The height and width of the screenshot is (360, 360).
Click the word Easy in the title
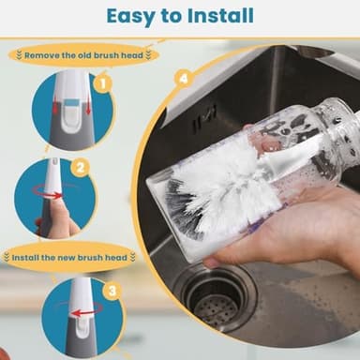130,16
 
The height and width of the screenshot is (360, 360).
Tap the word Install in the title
221,15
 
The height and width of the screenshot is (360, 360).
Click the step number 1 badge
103,84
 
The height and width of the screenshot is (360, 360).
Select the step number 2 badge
81,168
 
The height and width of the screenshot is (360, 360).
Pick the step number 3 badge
112,292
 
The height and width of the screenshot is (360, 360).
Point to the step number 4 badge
184,79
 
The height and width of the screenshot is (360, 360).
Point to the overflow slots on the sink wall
203,118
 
